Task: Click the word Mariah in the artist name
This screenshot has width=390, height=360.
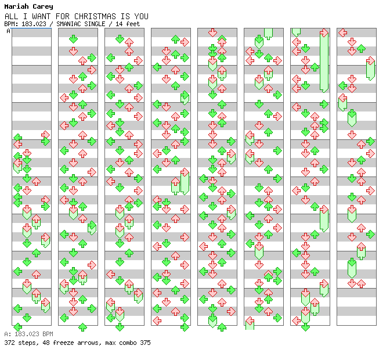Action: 16,6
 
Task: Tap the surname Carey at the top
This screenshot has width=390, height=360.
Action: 42,6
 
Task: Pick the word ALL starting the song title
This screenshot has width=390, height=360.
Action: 11,16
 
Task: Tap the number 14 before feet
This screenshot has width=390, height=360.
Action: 119,24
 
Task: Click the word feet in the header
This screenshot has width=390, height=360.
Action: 133,24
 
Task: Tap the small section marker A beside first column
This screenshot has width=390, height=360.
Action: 9,31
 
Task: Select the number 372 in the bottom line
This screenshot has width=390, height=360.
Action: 9,343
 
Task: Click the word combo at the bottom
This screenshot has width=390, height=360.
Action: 126,343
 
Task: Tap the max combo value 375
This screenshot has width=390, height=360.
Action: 145,343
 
